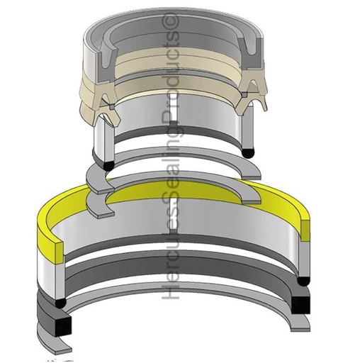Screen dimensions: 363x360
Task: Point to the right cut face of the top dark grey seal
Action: click(253, 54)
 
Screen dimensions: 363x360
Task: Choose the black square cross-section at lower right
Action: click(300, 303)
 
